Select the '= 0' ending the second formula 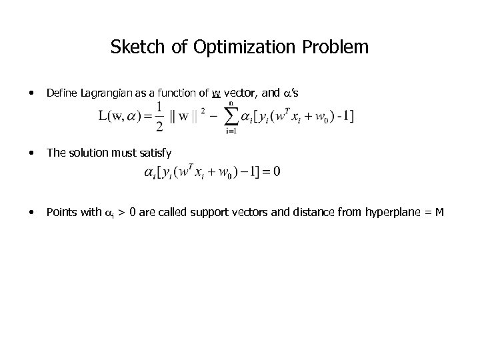coord(272,172)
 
